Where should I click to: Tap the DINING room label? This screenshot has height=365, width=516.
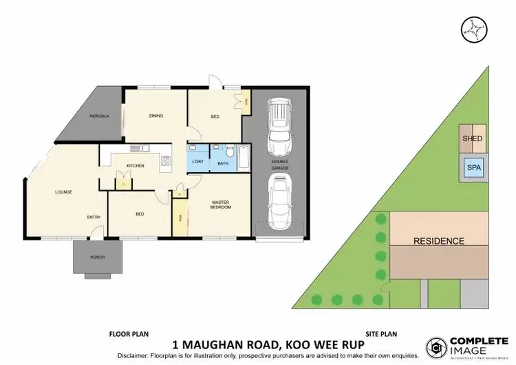pyautogui.click(x=155, y=116)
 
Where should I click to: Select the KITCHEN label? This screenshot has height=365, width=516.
pyautogui.click(x=133, y=165)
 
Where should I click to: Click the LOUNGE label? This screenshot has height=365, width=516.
pyautogui.click(x=63, y=191)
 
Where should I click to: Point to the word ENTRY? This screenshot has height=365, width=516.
pyautogui.click(x=94, y=217)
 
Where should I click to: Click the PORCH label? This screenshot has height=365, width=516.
pyautogui.click(x=97, y=258)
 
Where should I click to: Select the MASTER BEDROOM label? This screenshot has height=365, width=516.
pyautogui.click(x=220, y=205)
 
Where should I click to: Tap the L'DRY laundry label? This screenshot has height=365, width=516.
pyautogui.click(x=197, y=164)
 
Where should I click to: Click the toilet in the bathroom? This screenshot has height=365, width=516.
pyautogui.click(x=232, y=149)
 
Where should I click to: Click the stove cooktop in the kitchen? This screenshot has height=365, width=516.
pyautogui.click(x=165, y=162)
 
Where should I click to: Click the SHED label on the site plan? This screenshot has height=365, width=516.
pyautogui.click(x=472, y=138)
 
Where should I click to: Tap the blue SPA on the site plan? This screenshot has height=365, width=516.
pyautogui.click(x=472, y=167)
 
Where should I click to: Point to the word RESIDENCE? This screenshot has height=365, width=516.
pyautogui.click(x=438, y=241)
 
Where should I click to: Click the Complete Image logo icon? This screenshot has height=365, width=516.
pyautogui.click(x=436, y=344)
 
